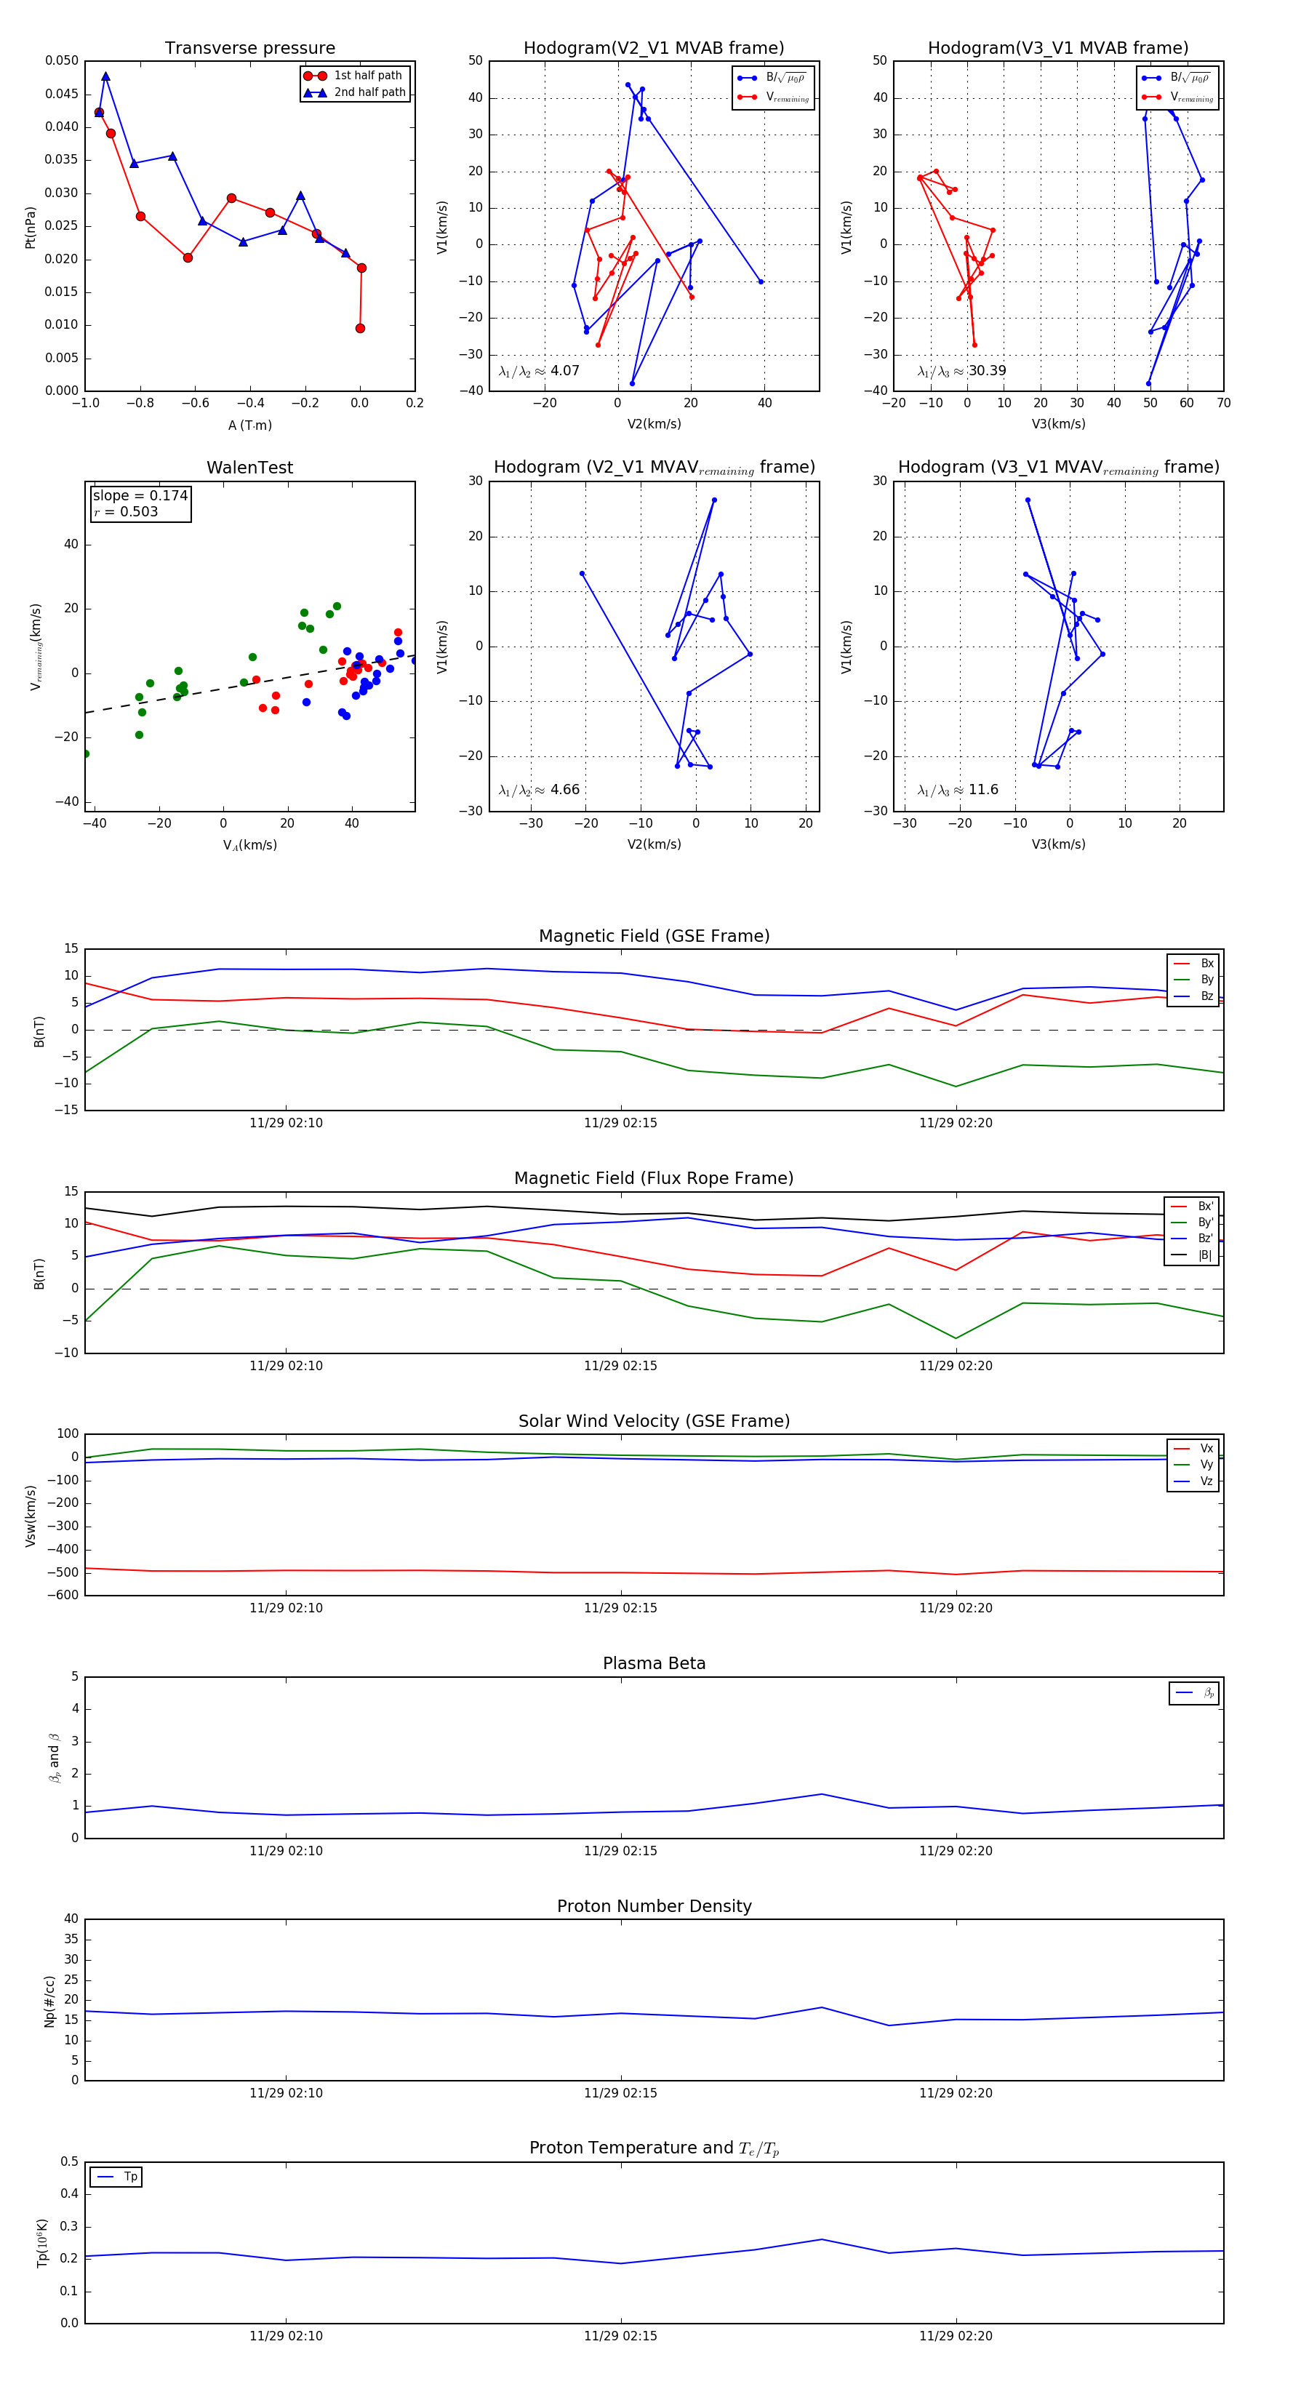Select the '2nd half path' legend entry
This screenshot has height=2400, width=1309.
[369, 92]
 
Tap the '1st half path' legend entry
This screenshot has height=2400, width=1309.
[367, 76]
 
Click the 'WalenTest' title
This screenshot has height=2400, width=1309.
[249, 468]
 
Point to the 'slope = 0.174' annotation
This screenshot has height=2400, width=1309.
[140, 496]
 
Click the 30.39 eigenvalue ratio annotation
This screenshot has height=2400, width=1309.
[961, 371]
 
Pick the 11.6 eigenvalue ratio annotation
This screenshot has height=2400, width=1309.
[958, 790]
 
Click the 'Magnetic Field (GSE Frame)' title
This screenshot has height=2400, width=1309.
[654, 935]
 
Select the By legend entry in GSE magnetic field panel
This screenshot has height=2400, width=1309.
[1206, 979]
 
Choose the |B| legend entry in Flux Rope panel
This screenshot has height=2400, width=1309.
[1204, 1255]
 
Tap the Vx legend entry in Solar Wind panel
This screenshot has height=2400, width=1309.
[1206, 1449]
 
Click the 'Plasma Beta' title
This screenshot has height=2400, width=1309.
[654, 1663]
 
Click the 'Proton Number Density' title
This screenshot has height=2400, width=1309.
[654, 1906]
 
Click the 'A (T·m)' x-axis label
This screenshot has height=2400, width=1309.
[249, 425]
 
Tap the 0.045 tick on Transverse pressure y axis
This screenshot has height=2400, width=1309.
[62, 94]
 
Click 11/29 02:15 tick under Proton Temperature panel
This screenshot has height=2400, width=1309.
[620, 2336]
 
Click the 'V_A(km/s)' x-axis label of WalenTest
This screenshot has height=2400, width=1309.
[249, 845]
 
